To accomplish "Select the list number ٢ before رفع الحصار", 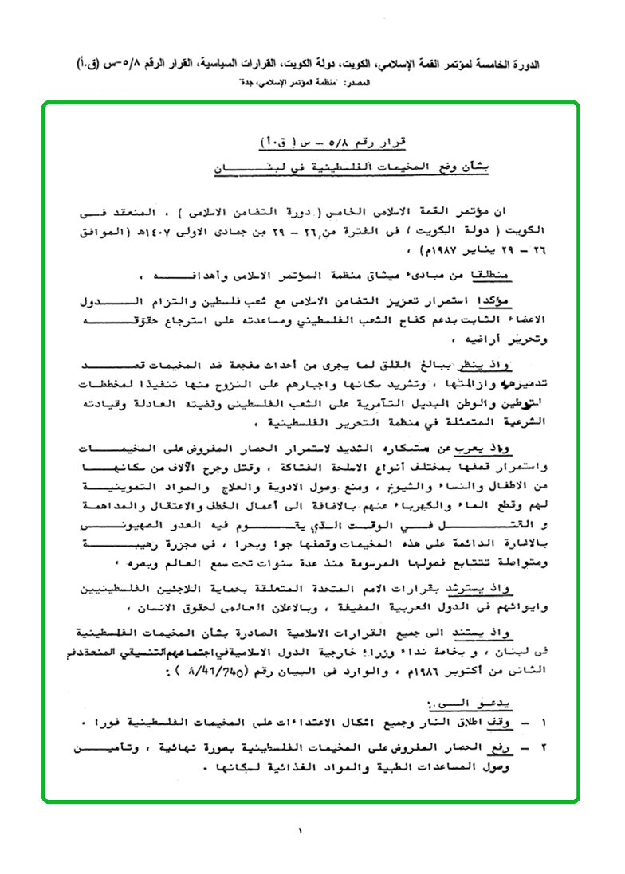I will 544,751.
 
